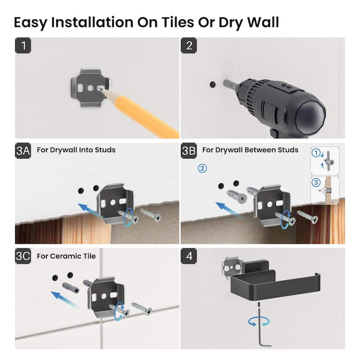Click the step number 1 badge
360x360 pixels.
click(x=23, y=45)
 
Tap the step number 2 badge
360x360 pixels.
click(x=189, y=45)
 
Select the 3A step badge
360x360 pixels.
click(x=23, y=151)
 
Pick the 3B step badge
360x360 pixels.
click(x=189, y=151)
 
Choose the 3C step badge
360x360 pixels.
click(x=23, y=256)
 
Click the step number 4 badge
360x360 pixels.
click(x=189, y=256)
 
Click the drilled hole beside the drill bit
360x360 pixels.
click(x=213, y=84)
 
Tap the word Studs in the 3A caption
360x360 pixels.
click(x=105, y=150)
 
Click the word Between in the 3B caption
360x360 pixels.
click(x=260, y=150)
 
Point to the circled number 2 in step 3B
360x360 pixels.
click(x=202, y=168)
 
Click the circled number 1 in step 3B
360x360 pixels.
click(x=316, y=153)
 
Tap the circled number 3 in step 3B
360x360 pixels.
click(x=316, y=183)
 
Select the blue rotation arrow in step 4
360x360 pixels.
click(x=259, y=321)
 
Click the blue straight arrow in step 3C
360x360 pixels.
click(x=64, y=299)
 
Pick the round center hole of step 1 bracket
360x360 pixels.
click(x=90, y=88)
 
